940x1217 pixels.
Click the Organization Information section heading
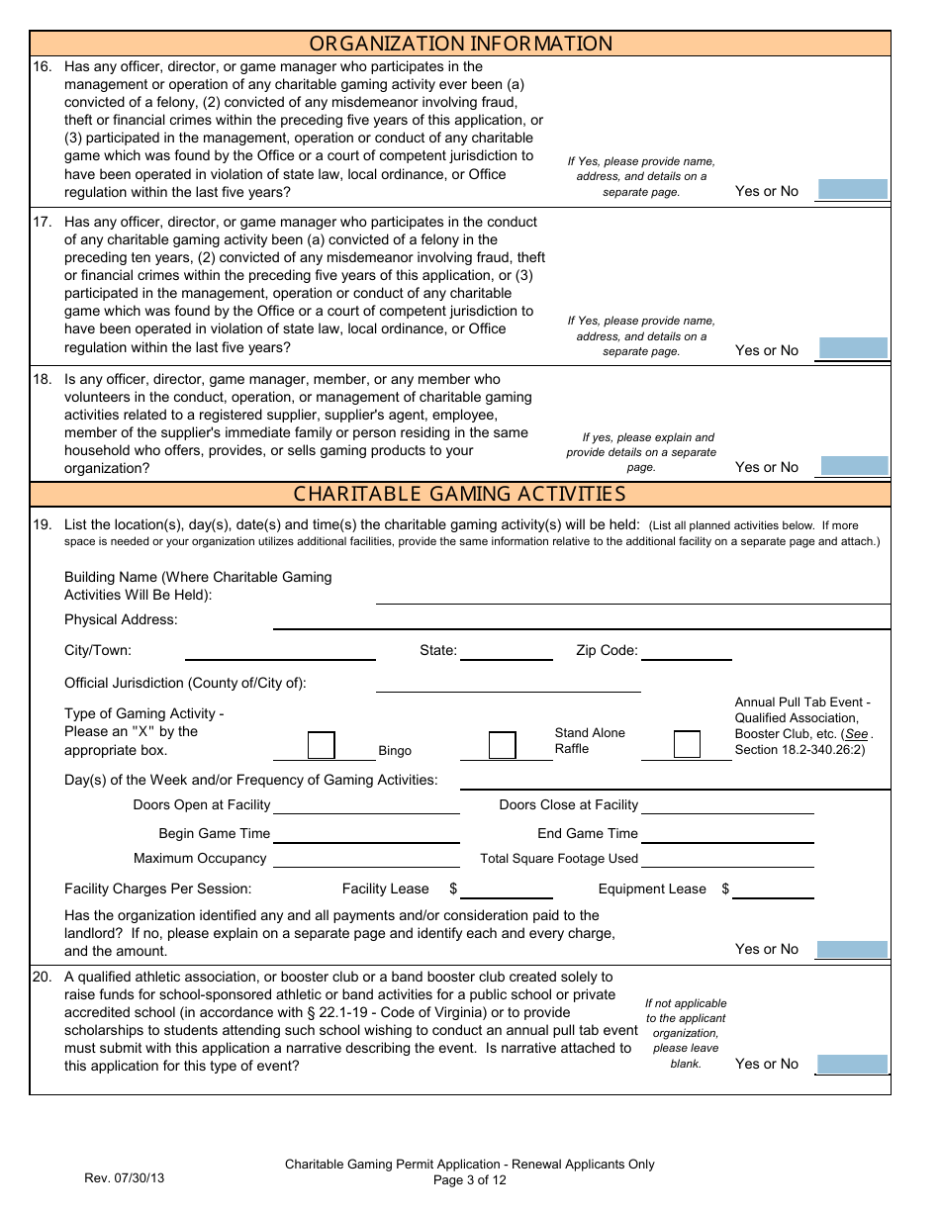[460, 44]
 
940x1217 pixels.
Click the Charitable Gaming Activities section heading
[460, 494]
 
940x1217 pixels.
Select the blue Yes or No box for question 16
[852, 190]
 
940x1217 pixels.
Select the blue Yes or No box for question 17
[852, 348]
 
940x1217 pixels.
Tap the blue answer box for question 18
[852, 466]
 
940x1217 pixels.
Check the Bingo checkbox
[322, 745]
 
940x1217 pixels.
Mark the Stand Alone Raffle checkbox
[503, 745]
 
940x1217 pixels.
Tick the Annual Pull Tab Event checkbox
[687, 745]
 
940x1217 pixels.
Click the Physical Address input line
[581, 620]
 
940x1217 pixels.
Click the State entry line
[507, 651]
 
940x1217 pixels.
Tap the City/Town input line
[280, 651]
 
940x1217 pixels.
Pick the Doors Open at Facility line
[366, 805]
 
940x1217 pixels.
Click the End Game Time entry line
[727, 834]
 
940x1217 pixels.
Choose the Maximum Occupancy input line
[366, 859]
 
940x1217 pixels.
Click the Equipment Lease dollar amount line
[773, 889]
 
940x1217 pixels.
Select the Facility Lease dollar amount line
[507, 889]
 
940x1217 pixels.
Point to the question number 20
[42, 977]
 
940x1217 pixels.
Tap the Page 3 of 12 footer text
[470, 1179]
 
